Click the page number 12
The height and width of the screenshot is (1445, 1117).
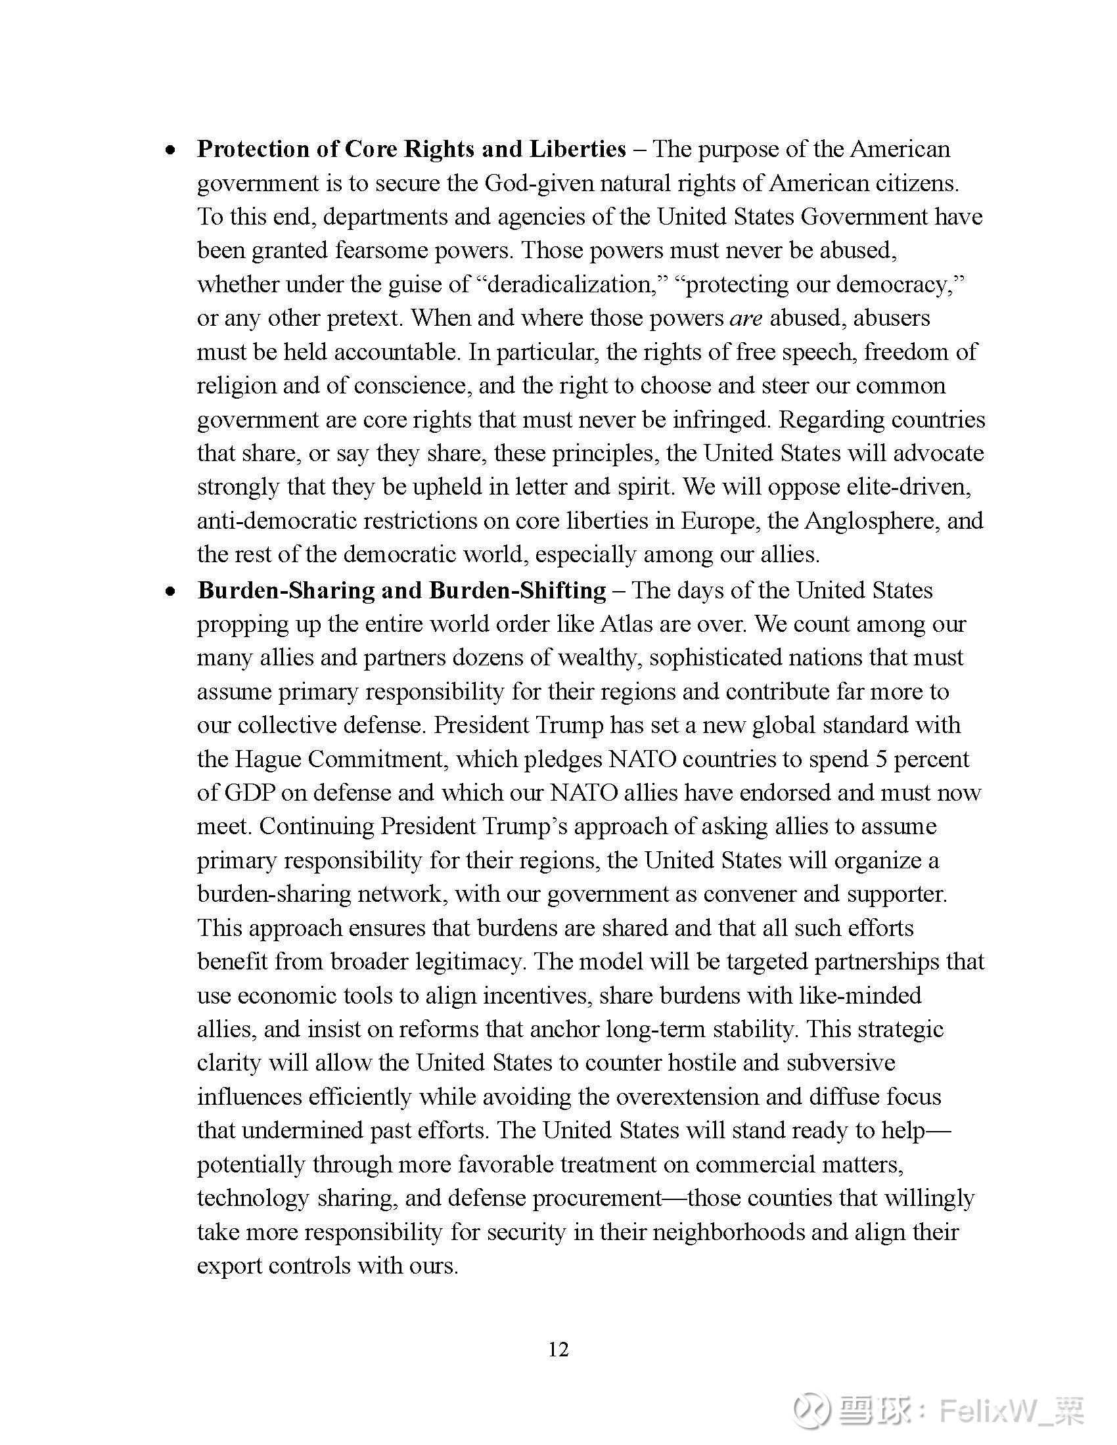click(558, 1349)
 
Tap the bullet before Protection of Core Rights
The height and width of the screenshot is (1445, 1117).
click(171, 151)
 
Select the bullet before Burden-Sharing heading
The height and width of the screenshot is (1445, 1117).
click(171, 592)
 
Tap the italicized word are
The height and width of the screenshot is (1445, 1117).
click(746, 319)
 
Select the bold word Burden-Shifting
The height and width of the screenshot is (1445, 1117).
click(518, 590)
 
